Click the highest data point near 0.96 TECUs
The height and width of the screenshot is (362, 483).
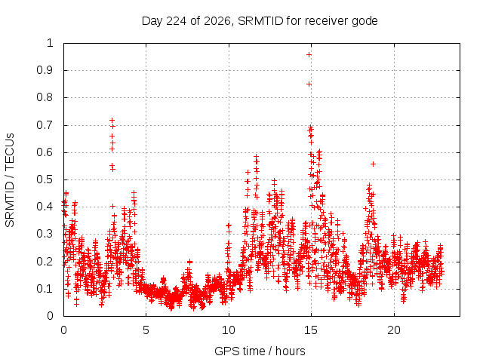309,54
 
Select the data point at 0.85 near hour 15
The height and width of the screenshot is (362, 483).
309,84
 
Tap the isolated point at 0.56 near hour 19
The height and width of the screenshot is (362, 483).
373,164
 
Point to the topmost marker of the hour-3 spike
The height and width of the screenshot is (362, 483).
112,120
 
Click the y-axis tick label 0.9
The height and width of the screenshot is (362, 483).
45,70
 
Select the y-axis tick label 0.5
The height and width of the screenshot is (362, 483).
45,179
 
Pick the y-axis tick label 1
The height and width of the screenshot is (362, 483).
51,43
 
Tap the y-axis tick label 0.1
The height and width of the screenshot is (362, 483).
45,289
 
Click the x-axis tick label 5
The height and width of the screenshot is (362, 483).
146,330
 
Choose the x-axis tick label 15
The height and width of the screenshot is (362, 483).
311,330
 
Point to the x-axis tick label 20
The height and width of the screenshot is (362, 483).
394,330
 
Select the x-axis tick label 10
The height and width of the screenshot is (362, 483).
229,330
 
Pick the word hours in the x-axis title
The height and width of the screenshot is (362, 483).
290,351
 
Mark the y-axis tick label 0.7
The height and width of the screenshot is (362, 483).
45,125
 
